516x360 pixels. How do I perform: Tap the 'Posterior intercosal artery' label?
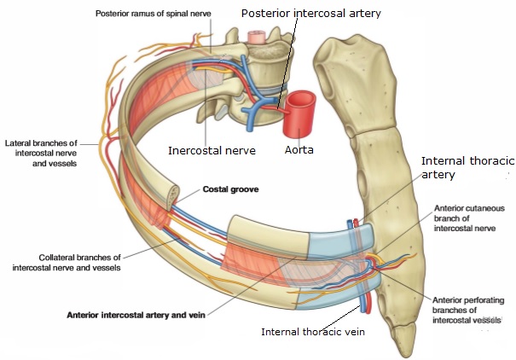(x=311, y=15)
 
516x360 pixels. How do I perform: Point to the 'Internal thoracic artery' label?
(x=461, y=167)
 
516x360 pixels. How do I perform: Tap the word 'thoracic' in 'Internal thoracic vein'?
(x=314, y=332)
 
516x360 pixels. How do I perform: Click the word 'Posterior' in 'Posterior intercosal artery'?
(x=267, y=15)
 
